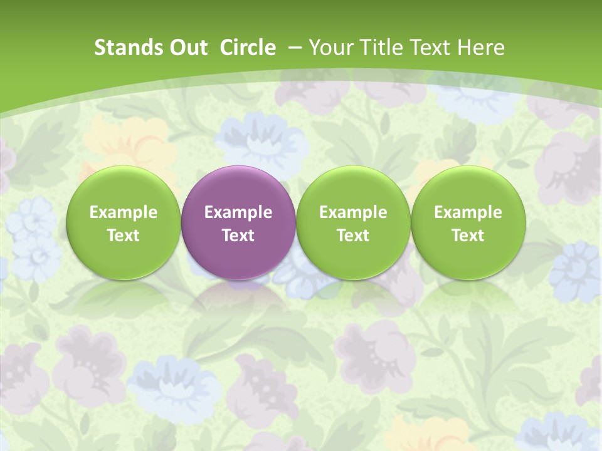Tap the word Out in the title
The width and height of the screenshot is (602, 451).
click(187, 48)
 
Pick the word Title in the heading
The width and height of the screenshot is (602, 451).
click(379, 48)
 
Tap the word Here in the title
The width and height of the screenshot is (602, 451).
click(482, 48)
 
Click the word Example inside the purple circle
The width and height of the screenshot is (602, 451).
click(238, 212)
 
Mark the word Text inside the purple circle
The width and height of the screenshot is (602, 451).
click(238, 236)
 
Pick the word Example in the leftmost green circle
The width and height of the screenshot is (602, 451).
click(124, 212)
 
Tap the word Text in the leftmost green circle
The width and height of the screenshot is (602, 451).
click(124, 236)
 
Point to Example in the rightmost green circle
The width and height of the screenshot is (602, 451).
click(468, 212)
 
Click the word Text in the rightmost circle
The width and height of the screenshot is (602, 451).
click(468, 236)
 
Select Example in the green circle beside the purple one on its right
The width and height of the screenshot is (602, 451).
click(353, 212)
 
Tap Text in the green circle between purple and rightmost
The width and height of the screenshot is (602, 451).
click(353, 236)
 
